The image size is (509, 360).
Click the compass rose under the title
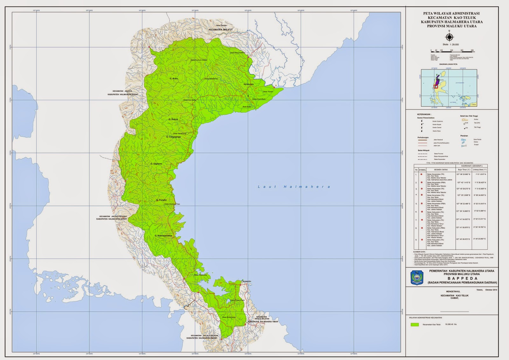449,38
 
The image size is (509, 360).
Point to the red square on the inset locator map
436,86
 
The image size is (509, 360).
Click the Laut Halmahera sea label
294,187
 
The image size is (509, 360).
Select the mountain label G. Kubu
174,78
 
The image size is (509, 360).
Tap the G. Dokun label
173,119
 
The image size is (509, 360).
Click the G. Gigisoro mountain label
156,164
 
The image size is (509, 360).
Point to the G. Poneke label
161,200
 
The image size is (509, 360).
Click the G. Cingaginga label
173,137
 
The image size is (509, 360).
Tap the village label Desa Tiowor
268,92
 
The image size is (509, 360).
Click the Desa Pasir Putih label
238,300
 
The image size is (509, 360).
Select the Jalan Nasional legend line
423,140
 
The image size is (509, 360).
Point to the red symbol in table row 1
421,174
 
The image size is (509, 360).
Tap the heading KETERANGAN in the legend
424,114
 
